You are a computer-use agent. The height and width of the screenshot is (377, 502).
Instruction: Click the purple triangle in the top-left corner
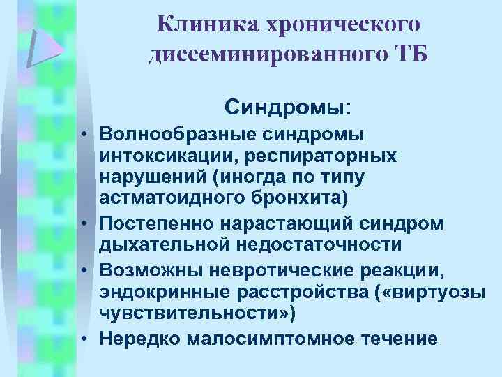click(x=44, y=47)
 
